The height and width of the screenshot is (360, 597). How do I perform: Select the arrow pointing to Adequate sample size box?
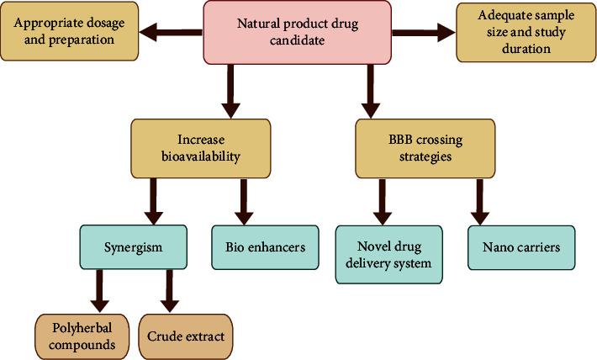pyautogui.click(x=423, y=34)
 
